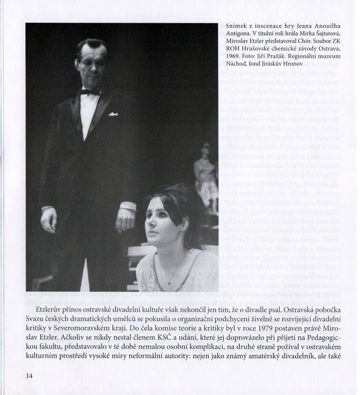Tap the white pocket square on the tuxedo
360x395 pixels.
click(113, 114)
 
